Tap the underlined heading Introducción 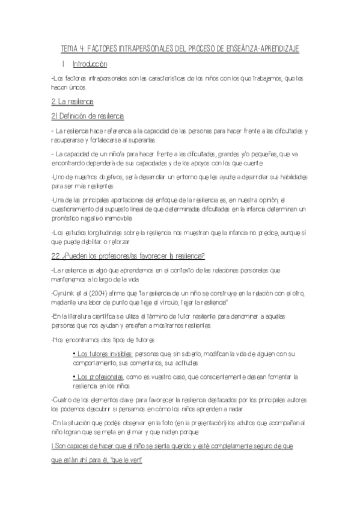click(90, 64)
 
